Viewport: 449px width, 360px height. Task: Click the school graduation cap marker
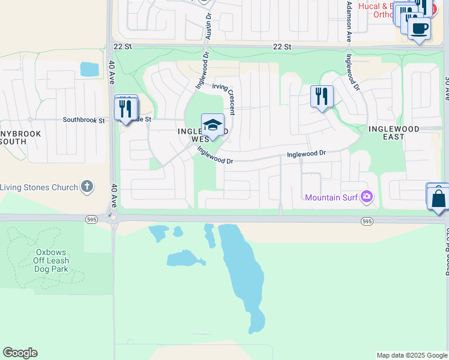tap(212, 125)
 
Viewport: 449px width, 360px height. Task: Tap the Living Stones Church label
tap(39, 187)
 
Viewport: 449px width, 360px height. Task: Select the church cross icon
tap(88, 187)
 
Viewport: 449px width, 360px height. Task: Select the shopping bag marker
tap(439, 197)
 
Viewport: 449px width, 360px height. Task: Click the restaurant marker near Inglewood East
tap(322, 97)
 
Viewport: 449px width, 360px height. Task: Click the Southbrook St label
tap(83, 120)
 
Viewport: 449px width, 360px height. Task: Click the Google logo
tap(20, 353)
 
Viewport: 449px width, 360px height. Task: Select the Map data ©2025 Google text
tap(411, 355)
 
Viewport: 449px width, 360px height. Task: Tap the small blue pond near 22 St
tap(89, 69)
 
